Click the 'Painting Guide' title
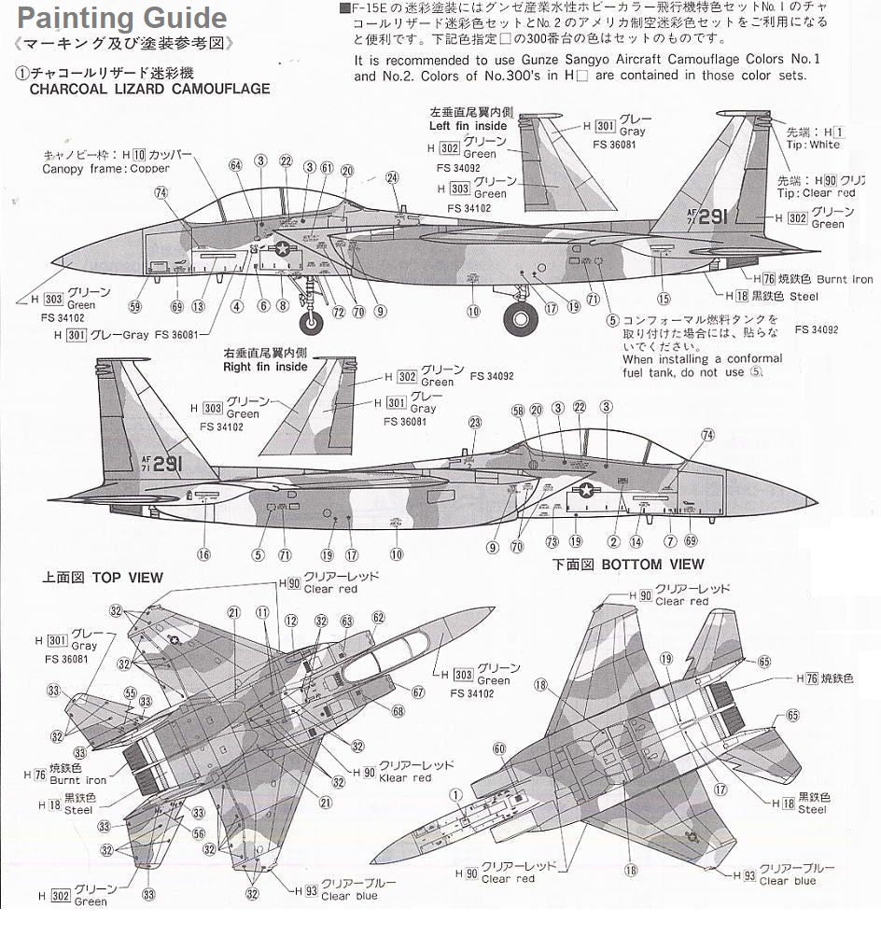tap(122, 18)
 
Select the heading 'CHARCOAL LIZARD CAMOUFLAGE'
tap(149, 90)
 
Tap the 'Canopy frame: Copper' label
tap(106, 169)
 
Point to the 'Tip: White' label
tap(807, 145)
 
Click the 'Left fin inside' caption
tap(468, 125)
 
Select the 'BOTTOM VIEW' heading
tap(652, 564)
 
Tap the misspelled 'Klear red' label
tap(406, 777)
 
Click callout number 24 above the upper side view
tap(392, 178)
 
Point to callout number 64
tap(235, 165)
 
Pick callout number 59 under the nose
tap(135, 307)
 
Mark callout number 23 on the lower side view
tap(475, 423)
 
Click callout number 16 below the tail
tap(203, 553)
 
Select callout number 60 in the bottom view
tap(499, 748)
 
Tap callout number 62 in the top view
tap(378, 618)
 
